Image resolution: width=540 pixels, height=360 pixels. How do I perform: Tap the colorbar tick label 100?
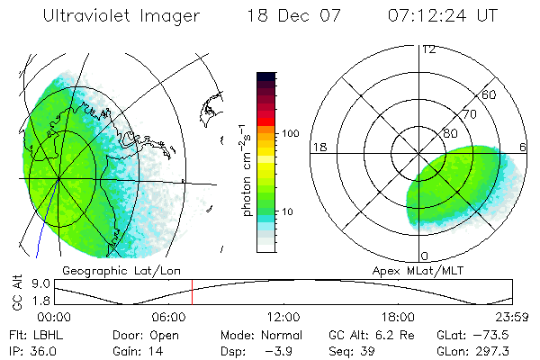coord(290,133)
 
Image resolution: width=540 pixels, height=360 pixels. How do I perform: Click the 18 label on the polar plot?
coord(318,147)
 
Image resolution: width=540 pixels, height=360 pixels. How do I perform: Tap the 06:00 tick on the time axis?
coord(170,317)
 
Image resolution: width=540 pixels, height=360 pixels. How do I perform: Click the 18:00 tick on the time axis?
coord(398,317)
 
